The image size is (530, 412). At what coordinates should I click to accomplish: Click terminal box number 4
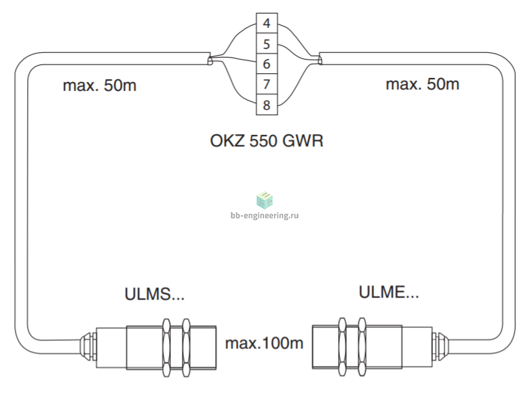click(x=267, y=23)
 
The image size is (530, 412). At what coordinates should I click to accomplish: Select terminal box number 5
click(x=267, y=43)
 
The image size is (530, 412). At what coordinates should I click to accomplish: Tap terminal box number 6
click(x=267, y=64)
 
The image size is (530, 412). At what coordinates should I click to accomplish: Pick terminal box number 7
click(x=267, y=84)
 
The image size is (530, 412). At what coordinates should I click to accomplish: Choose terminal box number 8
click(x=267, y=104)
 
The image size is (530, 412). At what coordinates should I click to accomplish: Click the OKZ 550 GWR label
click(x=267, y=141)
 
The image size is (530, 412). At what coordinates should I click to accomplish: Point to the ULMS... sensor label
click(x=155, y=294)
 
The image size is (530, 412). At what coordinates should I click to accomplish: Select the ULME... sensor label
click(x=389, y=292)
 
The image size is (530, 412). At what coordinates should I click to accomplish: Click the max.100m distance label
click(x=265, y=344)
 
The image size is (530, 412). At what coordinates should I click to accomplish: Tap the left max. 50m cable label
click(x=100, y=85)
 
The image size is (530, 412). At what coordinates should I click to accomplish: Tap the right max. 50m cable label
click(x=423, y=84)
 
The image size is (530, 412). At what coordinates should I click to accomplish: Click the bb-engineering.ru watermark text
click(x=265, y=215)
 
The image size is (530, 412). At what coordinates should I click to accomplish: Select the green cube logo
click(x=265, y=200)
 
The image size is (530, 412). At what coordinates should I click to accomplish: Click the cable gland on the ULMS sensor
click(x=88, y=346)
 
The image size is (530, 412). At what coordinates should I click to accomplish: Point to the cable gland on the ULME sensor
click(x=440, y=346)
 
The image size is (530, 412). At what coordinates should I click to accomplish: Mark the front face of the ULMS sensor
click(x=216, y=348)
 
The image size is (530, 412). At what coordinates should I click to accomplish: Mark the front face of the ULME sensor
click(x=313, y=346)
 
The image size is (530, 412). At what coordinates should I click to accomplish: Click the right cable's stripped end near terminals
click(x=320, y=60)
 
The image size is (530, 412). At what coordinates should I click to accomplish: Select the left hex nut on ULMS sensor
click(x=166, y=348)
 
